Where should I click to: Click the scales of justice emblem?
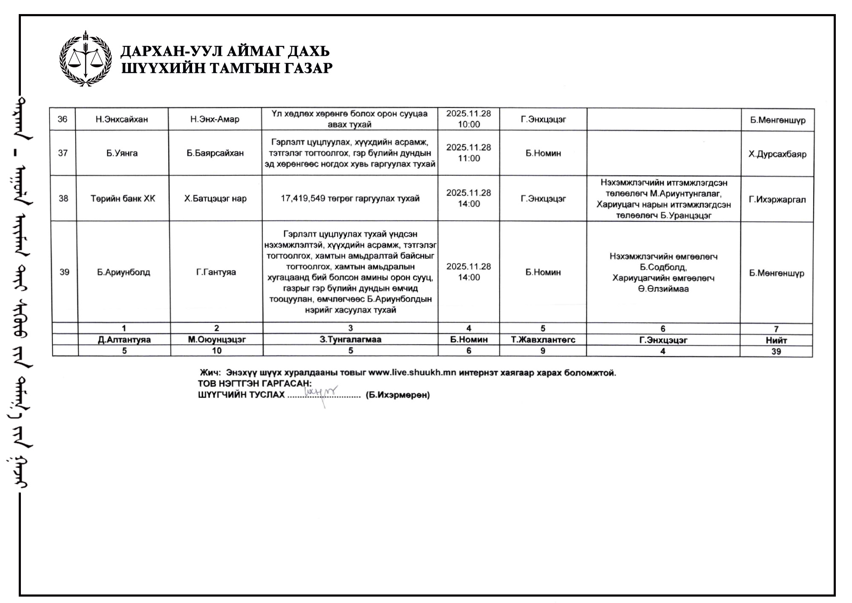86,59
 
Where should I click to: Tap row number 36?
63,119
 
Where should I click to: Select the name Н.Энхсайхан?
122,119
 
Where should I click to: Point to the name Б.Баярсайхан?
215,153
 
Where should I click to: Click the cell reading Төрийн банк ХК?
123,199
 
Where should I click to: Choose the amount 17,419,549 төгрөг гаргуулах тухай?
350,199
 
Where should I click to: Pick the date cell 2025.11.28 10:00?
469,119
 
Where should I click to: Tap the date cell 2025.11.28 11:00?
469,153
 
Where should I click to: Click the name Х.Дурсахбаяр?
777,154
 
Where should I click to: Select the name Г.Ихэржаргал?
777,200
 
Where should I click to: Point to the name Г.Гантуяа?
216,272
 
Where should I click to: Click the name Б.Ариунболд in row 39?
124,272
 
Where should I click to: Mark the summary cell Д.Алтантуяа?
124,340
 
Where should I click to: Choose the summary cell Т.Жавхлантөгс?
543,340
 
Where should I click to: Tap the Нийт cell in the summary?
776,340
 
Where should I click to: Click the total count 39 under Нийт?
776,351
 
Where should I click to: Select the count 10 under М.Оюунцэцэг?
217,351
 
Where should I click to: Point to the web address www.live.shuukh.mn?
412,373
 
